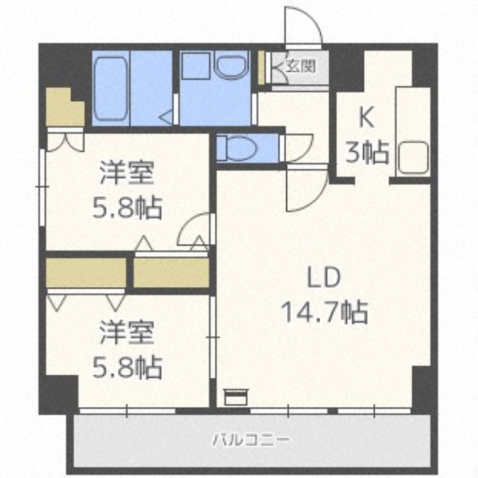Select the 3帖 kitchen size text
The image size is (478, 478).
(x=367, y=154)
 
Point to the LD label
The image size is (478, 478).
(x=323, y=278)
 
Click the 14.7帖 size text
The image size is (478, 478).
(x=323, y=311)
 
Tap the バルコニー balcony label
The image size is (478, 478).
(x=252, y=441)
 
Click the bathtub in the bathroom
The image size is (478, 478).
(x=111, y=88)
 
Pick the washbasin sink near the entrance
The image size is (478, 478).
(x=232, y=66)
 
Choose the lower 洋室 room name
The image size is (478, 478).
(x=127, y=334)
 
